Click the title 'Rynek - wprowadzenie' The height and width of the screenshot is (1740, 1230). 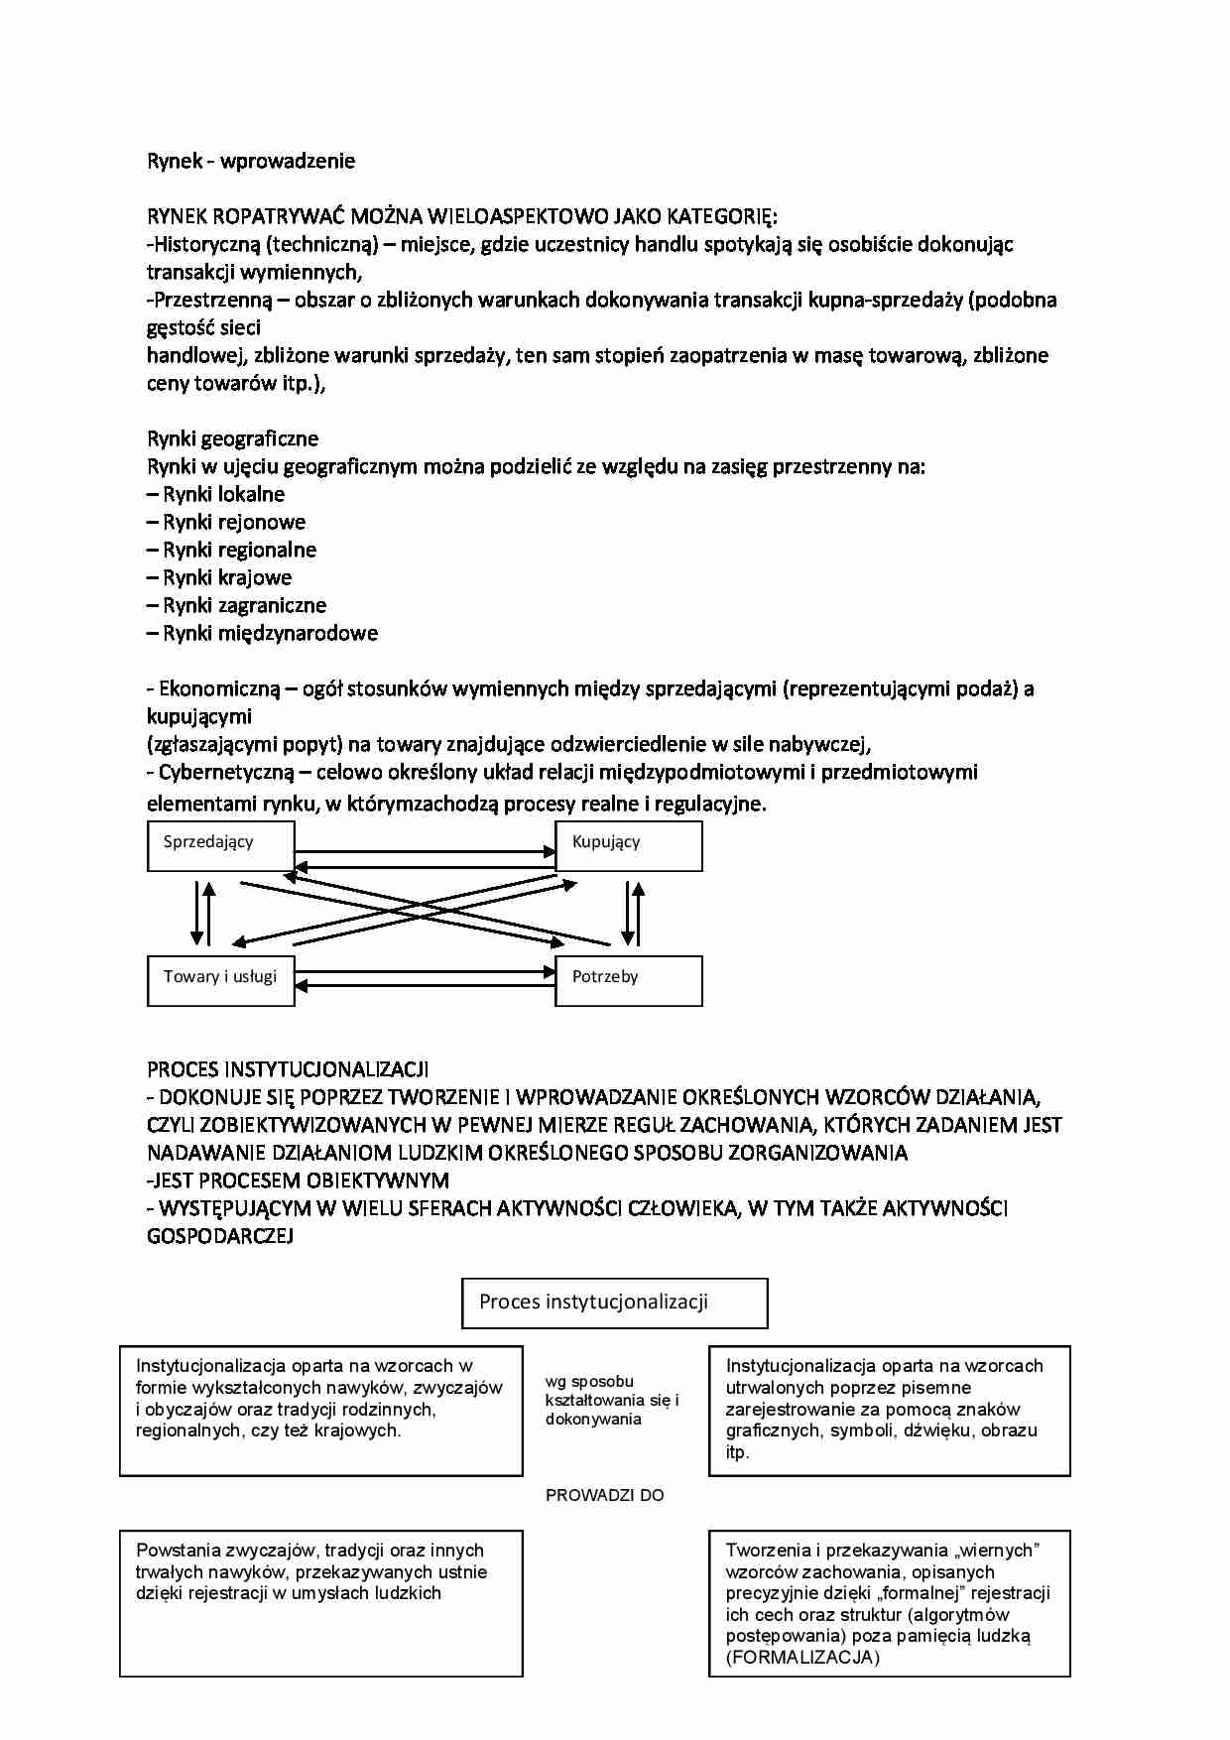coord(251,161)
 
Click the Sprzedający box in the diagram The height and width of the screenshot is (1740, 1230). coord(220,846)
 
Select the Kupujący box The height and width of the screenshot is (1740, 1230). coord(628,846)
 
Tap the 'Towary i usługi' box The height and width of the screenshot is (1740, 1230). coord(220,980)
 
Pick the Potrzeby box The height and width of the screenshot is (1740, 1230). coord(628,980)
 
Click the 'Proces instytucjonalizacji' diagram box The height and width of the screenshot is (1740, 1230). coord(614,1303)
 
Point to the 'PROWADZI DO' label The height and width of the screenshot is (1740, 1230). coord(605,1495)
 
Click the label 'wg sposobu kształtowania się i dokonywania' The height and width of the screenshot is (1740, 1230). coord(612,1400)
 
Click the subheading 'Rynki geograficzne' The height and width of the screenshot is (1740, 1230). coord(233,438)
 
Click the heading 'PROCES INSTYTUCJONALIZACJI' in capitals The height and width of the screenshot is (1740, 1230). coord(288,1069)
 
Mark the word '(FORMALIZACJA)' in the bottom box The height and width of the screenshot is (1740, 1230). coord(802,1658)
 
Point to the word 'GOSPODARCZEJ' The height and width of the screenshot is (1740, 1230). coord(220,1236)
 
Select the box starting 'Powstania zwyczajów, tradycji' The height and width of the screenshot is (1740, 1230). coord(320,1603)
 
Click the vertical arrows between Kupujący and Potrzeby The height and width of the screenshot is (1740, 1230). coord(632,913)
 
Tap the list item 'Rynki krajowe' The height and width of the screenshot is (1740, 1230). coord(227,577)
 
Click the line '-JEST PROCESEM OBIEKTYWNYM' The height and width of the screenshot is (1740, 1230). coord(298,1181)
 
